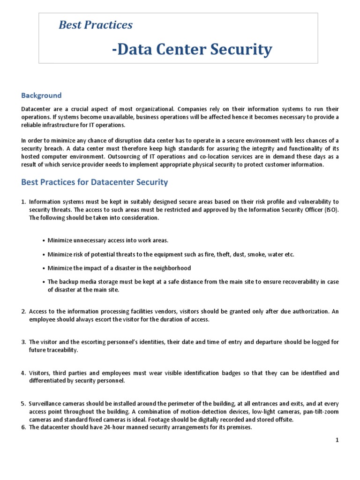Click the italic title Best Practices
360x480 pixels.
(x=95, y=25)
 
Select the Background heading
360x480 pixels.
(x=41, y=95)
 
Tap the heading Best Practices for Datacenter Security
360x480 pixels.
(x=94, y=181)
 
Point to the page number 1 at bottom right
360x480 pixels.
(x=337, y=440)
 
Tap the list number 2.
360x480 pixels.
(x=23, y=311)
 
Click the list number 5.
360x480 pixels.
(x=23, y=403)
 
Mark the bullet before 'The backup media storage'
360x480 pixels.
(x=43, y=282)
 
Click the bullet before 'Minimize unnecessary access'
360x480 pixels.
(x=43, y=240)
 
